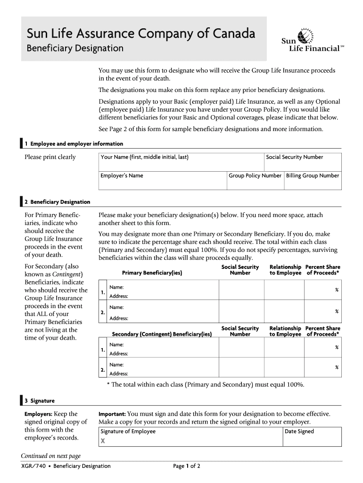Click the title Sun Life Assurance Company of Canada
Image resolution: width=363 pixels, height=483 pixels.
141,33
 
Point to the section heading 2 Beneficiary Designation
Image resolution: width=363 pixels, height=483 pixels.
60,202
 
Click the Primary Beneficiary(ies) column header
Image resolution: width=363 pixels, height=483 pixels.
152,273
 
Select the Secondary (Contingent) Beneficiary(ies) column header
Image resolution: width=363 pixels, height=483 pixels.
162,334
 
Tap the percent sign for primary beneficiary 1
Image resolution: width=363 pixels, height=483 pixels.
337,290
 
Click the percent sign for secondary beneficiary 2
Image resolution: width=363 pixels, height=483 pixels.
337,367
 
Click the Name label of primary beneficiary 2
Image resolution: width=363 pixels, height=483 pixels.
116,307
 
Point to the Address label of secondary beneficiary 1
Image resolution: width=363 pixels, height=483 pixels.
118,354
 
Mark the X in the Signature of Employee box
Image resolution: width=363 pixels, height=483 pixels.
102,441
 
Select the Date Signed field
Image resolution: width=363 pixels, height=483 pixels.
312,436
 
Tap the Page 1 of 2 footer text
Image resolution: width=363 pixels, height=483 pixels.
187,466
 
